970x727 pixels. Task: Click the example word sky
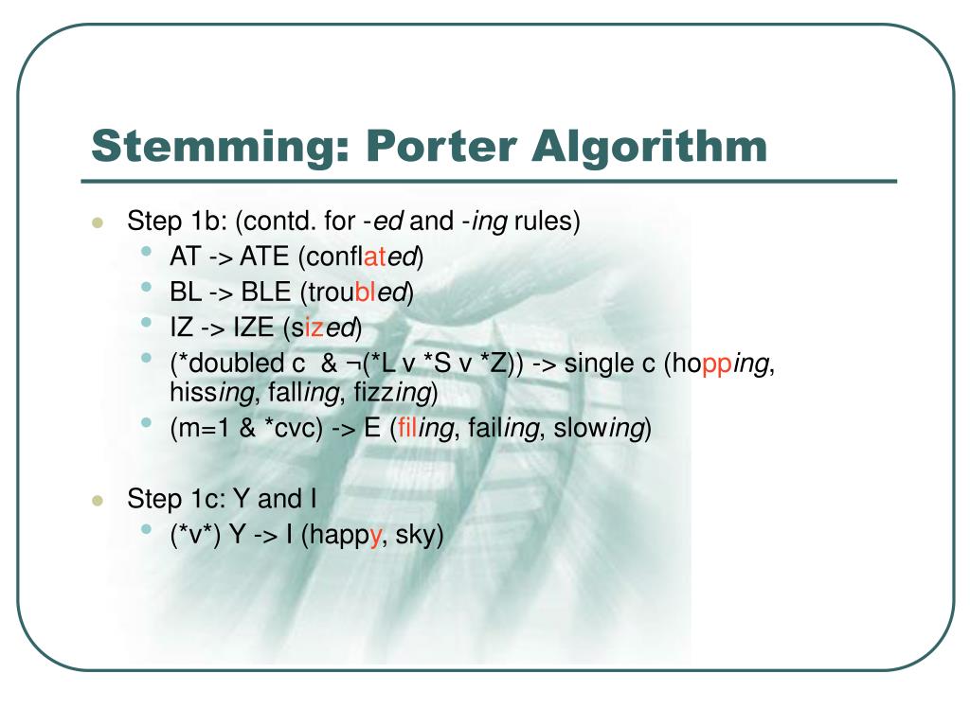click(418, 536)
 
